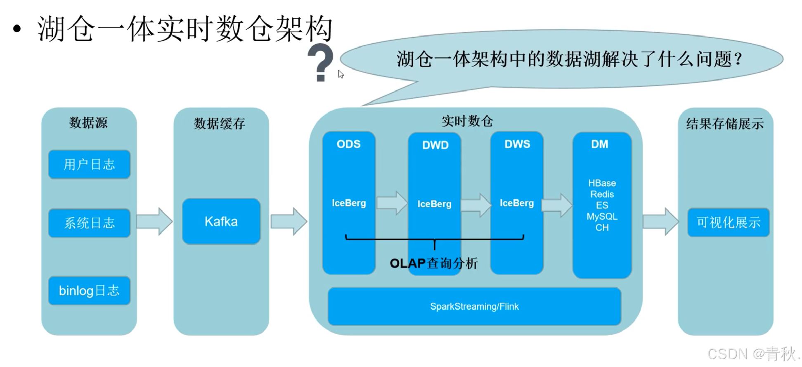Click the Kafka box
click(x=221, y=222)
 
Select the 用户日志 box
click(x=89, y=164)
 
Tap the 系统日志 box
click(x=89, y=223)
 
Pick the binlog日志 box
click(x=89, y=291)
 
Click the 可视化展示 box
click(x=729, y=223)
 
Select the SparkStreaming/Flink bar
click(x=474, y=306)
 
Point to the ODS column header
click(x=348, y=144)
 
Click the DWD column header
click(x=435, y=145)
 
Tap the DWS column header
click(x=517, y=144)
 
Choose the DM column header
click(x=599, y=144)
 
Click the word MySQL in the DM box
click(x=602, y=216)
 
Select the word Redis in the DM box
click(x=602, y=194)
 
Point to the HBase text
click(x=602, y=183)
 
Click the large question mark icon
click(x=320, y=63)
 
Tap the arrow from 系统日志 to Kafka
click(x=154, y=222)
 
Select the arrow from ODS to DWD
click(x=392, y=203)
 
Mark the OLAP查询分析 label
click(x=434, y=263)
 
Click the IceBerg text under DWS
click(x=517, y=203)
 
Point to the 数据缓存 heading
click(x=220, y=123)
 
